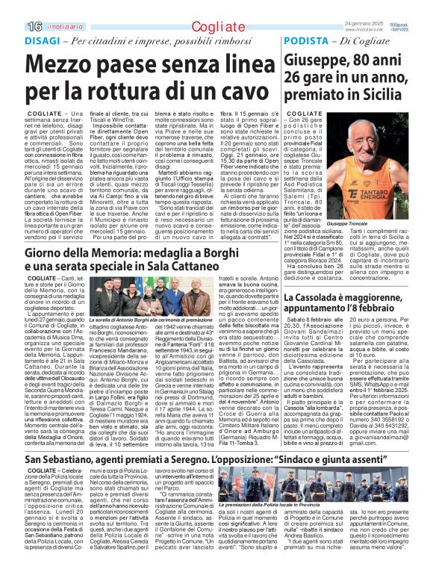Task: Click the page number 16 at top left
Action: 14,26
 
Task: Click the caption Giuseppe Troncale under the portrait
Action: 390,203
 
